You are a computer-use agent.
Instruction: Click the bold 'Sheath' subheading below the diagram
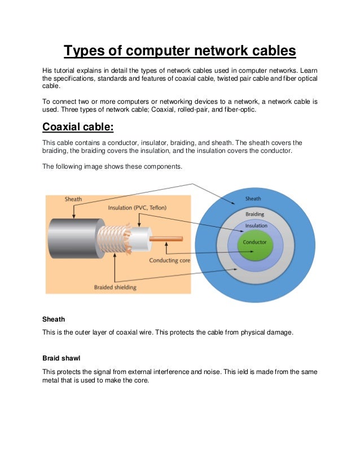[54, 319]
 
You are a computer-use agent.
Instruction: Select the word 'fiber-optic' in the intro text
[238, 109]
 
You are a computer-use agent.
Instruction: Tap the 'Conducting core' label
[169, 260]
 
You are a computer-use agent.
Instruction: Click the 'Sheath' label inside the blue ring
[253, 199]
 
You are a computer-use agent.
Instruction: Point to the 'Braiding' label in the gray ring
[254, 214]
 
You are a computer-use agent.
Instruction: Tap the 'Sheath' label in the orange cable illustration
[73, 199]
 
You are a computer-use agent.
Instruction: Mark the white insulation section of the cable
[141, 239]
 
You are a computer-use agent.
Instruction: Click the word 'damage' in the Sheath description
[278, 332]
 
